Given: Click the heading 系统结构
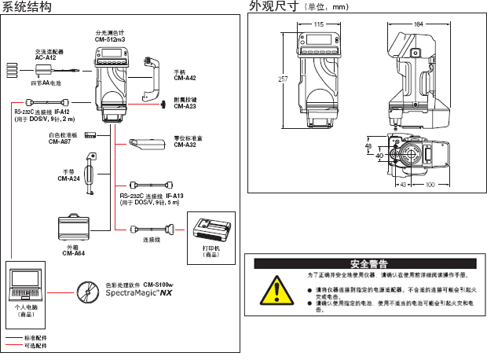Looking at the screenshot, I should (x=28, y=8).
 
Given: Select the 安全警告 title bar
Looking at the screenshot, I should (x=368, y=263).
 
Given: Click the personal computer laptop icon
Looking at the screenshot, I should (x=27, y=284).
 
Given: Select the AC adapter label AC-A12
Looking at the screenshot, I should (x=46, y=57).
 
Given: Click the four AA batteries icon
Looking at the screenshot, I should (x=14, y=68).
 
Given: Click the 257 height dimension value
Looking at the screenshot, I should (x=282, y=79).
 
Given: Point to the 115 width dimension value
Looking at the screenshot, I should (x=318, y=25).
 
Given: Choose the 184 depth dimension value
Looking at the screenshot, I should (x=418, y=25).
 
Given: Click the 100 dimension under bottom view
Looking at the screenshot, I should (x=430, y=186).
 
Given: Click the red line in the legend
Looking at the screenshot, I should (x=13, y=346).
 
